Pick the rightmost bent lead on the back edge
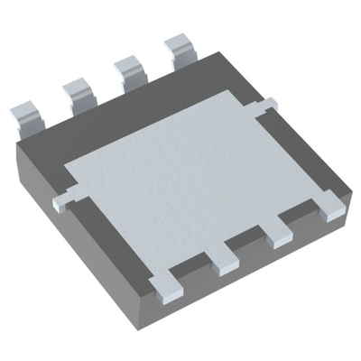(180, 49)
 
